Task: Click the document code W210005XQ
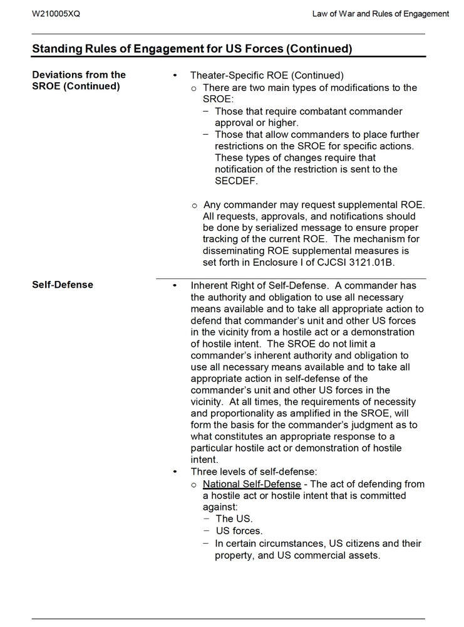pos(56,14)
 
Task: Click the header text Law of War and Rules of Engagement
pos(380,14)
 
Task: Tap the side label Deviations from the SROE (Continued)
pos(79,80)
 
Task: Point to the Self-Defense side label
pos(63,285)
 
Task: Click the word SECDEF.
pos(236,181)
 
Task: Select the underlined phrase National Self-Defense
pos(252,484)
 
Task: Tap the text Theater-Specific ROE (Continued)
pos(267,75)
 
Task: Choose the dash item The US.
pos(234,519)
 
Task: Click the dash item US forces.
pos(239,531)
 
